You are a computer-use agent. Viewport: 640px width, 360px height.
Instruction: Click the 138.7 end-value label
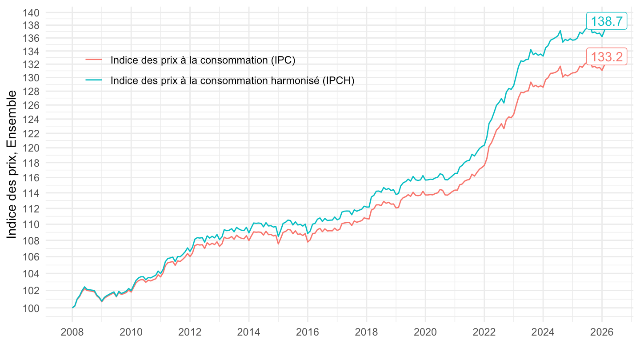click(607, 21)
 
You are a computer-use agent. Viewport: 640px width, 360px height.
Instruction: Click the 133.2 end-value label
click(607, 56)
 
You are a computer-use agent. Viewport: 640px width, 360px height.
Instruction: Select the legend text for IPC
click(203, 60)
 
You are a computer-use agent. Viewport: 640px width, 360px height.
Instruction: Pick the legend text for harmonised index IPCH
click(232, 80)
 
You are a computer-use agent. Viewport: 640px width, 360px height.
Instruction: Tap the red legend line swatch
click(94, 60)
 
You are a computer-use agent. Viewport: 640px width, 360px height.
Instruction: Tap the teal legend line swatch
click(94, 80)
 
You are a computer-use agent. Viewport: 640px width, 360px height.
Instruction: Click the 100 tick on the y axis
click(32, 308)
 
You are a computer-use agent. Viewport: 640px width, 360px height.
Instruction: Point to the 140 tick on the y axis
click(32, 13)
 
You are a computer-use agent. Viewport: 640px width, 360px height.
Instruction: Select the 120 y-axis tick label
click(32, 148)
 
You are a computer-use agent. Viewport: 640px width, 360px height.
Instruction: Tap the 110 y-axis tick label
click(32, 224)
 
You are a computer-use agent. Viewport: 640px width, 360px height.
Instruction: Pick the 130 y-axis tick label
click(32, 78)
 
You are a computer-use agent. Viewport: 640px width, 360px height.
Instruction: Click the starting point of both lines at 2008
click(72, 308)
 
